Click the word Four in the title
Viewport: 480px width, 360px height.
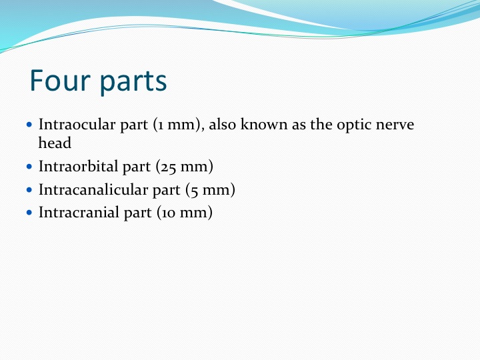60,80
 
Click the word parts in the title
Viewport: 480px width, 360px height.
133,82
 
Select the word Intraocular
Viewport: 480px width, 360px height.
77,124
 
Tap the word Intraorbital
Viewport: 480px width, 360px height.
78,166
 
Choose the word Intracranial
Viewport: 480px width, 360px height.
79,213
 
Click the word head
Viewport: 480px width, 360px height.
55,143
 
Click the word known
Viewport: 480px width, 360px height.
264,124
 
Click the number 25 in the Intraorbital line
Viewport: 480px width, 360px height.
168,168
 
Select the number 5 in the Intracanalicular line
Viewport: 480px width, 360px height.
195,191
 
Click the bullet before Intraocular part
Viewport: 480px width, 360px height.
29,125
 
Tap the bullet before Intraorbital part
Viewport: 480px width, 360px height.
29,167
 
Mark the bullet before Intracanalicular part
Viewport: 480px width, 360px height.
29,190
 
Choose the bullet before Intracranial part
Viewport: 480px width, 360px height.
29,213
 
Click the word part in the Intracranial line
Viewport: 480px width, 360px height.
138,213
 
